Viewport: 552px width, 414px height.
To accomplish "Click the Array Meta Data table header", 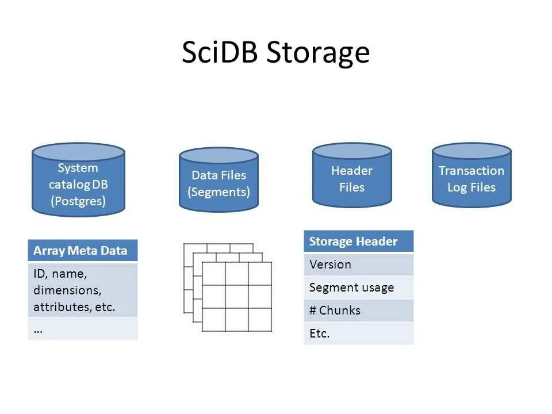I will (83, 251).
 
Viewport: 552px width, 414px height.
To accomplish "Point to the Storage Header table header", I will (358, 241).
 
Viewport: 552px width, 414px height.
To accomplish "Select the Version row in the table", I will (358, 264).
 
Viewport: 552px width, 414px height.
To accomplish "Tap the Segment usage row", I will (358, 287).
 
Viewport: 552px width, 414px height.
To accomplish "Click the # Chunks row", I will (358, 310).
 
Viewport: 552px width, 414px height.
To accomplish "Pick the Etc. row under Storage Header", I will (358, 333).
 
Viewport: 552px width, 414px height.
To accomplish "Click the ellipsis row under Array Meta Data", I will (83, 329).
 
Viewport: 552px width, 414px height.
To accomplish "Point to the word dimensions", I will (67, 290).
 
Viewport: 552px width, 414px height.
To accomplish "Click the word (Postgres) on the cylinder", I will (78, 201).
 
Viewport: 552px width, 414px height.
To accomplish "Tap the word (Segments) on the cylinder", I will (218, 191).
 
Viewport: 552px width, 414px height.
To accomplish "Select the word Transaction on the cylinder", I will (471, 171).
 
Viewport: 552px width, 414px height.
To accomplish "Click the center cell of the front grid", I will (236, 297).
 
